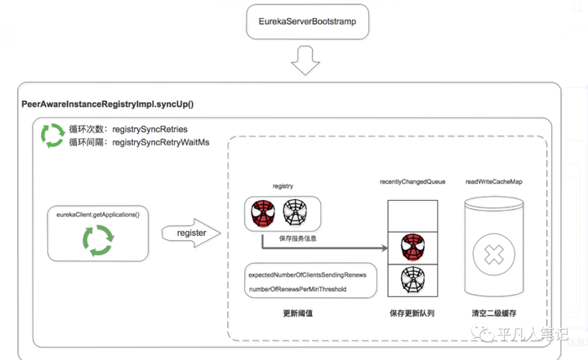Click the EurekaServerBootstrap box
click(x=308, y=22)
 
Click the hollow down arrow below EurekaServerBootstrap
click(x=305, y=60)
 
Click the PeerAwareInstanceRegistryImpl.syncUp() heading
click(x=108, y=104)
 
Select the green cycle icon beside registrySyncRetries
click(x=52, y=136)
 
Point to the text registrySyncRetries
click(x=150, y=129)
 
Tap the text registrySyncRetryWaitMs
click(x=161, y=143)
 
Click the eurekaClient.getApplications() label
click(x=98, y=215)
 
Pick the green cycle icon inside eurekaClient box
click(x=98, y=240)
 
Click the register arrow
click(x=191, y=233)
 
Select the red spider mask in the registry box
click(x=263, y=213)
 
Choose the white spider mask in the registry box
click(x=295, y=212)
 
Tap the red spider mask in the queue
click(x=413, y=247)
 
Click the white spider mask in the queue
click(x=413, y=280)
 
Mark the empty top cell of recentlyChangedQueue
click(x=412, y=216)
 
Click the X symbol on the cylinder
click(x=494, y=255)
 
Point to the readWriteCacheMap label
click(x=494, y=182)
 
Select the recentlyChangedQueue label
click(x=412, y=182)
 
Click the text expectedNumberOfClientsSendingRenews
click(x=307, y=275)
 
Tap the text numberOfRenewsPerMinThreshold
click(x=297, y=289)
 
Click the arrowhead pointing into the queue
click(x=385, y=248)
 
